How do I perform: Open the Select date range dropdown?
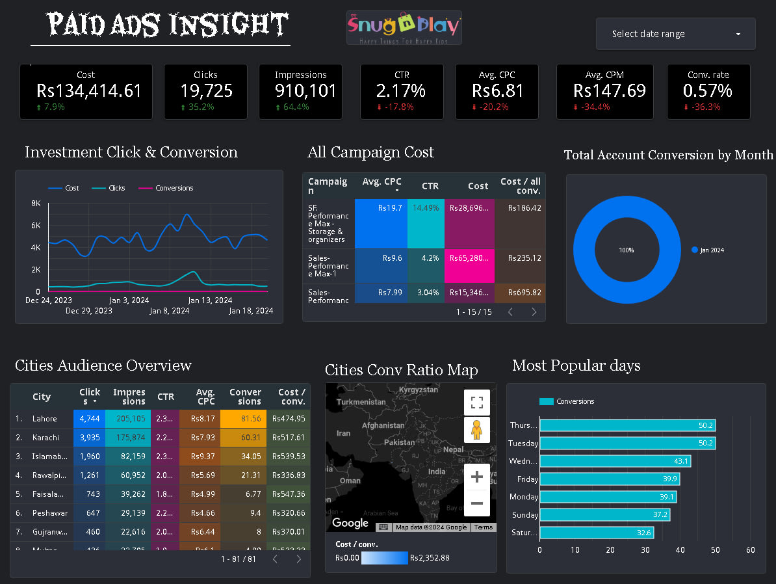pyautogui.click(x=675, y=34)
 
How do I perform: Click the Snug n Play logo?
pyautogui.click(x=404, y=27)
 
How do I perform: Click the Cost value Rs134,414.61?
pyautogui.click(x=89, y=91)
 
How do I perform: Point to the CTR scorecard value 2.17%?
pyautogui.click(x=401, y=91)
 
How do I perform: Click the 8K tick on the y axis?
pyautogui.click(x=36, y=204)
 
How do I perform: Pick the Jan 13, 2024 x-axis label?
pyautogui.click(x=210, y=300)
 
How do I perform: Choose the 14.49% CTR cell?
pyautogui.click(x=426, y=208)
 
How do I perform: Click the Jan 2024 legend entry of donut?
pyautogui.click(x=711, y=250)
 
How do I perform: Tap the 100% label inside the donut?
pyautogui.click(x=626, y=250)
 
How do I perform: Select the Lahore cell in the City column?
pyautogui.click(x=45, y=419)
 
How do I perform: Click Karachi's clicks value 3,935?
pyautogui.click(x=90, y=437)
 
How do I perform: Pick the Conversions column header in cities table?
pyautogui.click(x=245, y=397)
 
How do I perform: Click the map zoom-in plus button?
pyautogui.click(x=476, y=477)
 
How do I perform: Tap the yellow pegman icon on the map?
pyautogui.click(x=476, y=430)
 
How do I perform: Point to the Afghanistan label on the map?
pyautogui.click(x=383, y=426)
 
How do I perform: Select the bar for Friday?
pyautogui.click(x=609, y=479)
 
